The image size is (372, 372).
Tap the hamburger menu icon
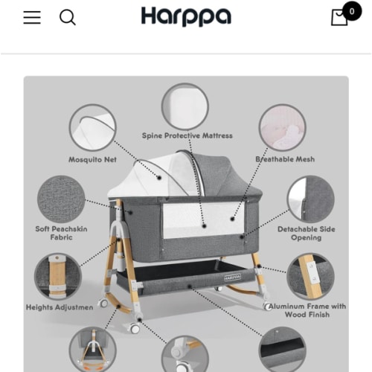pyautogui.click(x=32, y=17)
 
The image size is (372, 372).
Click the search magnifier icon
pyautogui.click(x=68, y=17)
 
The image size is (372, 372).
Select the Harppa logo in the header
pyautogui.click(x=186, y=16)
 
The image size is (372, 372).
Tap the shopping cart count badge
pyautogui.click(x=351, y=12)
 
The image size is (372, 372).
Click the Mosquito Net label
pyautogui.click(x=93, y=159)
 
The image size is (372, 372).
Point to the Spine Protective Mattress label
pyautogui.click(x=187, y=136)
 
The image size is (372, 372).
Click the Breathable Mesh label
pyautogui.click(x=285, y=159)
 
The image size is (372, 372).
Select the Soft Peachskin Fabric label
pyautogui.click(x=62, y=233)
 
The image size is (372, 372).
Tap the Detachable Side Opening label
pyautogui.click(x=306, y=233)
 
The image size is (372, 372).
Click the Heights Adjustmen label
pyautogui.click(x=60, y=307)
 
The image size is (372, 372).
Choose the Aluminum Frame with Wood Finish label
pyautogui.click(x=307, y=310)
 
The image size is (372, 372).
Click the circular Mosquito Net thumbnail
pyautogui.click(x=93, y=127)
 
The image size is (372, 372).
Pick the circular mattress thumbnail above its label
pyautogui.click(x=185, y=106)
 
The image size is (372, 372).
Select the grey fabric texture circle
pyautogui.click(x=61, y=199)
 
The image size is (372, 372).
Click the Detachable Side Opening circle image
pyautogui.click(x=310, y=199)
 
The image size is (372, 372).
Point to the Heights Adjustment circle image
pyautogui.click(x=58, y=276)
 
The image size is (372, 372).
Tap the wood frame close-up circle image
pyautogui.click(x=310, y=276)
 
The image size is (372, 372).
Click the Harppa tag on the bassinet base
pyautogui.click(x=231, y=278)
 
